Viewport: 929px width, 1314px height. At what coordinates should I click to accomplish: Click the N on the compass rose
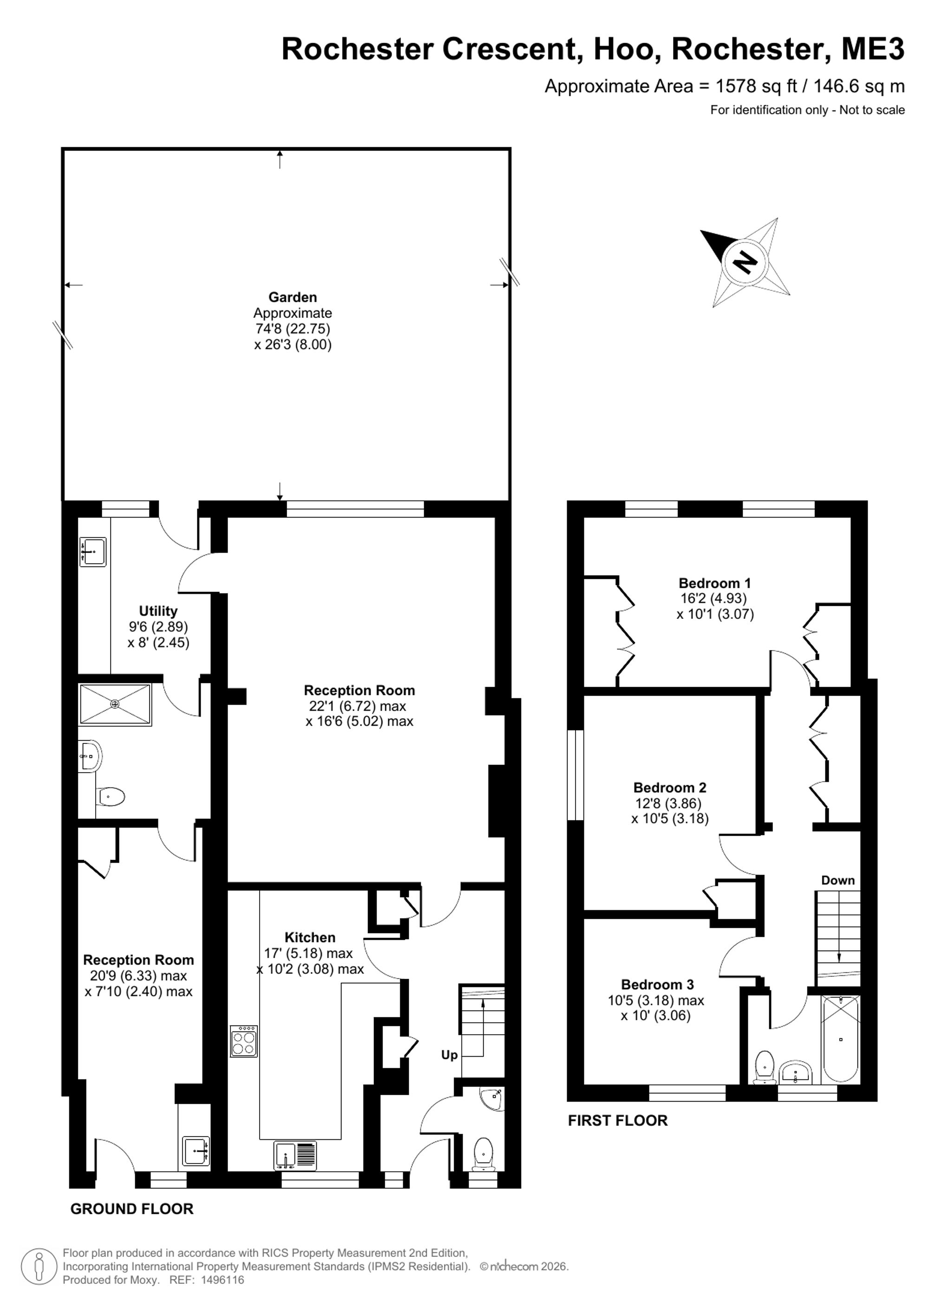click(746, 263)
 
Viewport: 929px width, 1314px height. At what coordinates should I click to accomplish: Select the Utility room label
click(158, 611)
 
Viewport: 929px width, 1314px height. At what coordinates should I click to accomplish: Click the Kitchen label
click(310, 938)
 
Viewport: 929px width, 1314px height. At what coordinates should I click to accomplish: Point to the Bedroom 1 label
click(714, 583)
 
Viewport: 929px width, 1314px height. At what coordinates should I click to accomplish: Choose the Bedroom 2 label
click(670, 788)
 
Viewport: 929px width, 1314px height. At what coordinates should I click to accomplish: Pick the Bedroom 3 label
click(657, 985)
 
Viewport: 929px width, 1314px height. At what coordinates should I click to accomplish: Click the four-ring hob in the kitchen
click(244, 1041)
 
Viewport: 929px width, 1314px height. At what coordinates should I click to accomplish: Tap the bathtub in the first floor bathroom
click(840, 1040)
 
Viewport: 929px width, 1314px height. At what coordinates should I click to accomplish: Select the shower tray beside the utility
click(116, 704)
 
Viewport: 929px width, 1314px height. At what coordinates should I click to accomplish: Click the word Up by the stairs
click(449, 1055)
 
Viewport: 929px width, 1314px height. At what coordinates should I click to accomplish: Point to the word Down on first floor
click(838, 880)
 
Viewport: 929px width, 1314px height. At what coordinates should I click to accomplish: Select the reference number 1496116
click(222, 1280)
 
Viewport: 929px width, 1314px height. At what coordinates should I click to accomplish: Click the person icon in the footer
click(39, 1266)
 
